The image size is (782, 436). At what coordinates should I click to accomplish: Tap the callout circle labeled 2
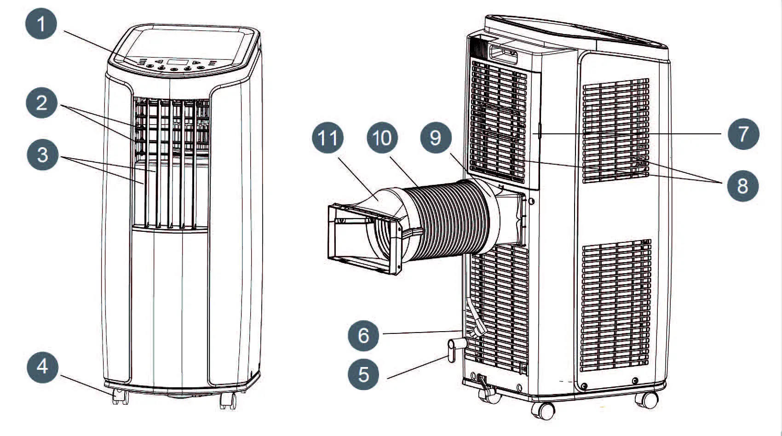pyautogui.click(x=41, y=102)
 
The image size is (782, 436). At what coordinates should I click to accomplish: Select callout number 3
pyautogui.click(x=42, y=155)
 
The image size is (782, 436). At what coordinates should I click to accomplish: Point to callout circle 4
pyautogui.click(x=42, y=367)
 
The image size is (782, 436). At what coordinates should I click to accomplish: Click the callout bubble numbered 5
pyautogui.click(x=363, y=374)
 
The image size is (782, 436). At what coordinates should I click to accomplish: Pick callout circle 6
pyautogui.click(x=363, y=335)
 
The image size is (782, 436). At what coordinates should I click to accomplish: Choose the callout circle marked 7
pyautogui.click(x=743, y=134)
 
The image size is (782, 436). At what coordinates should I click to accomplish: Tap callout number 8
pyautogui.click(x=742, y=186)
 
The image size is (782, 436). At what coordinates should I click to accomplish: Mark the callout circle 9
pyautogui.click(x=436, y=138)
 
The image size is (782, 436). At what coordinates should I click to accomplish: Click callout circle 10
pyautogui.click(x=382, y=138)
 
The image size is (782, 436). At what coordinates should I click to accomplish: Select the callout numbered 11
pyautogui.click(x=328, y=138)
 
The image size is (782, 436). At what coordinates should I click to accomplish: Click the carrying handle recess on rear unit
pyautogui.click(x=503, y=54)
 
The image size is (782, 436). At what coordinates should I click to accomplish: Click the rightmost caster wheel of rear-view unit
pyautogui.click(x=649, y=400)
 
